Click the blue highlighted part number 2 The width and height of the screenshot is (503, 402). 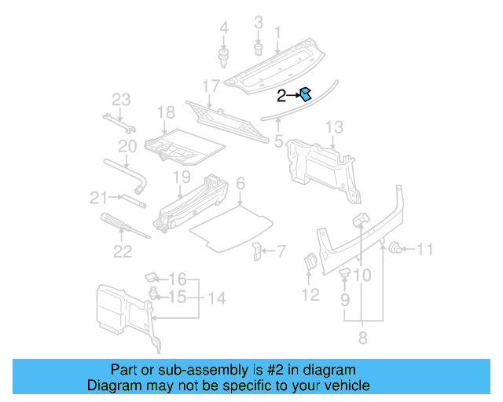tap(306, 95)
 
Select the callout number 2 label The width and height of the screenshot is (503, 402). tap(281, 96)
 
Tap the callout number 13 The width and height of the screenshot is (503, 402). tap(334, 127)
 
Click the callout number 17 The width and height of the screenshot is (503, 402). tap(211, 85)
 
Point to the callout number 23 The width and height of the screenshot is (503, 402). tap(120, 99)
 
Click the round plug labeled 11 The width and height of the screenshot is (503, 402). tap(397, 250)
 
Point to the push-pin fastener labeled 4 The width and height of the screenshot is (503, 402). tap(223, 56)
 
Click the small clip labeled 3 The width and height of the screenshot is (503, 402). tap(259, 49)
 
